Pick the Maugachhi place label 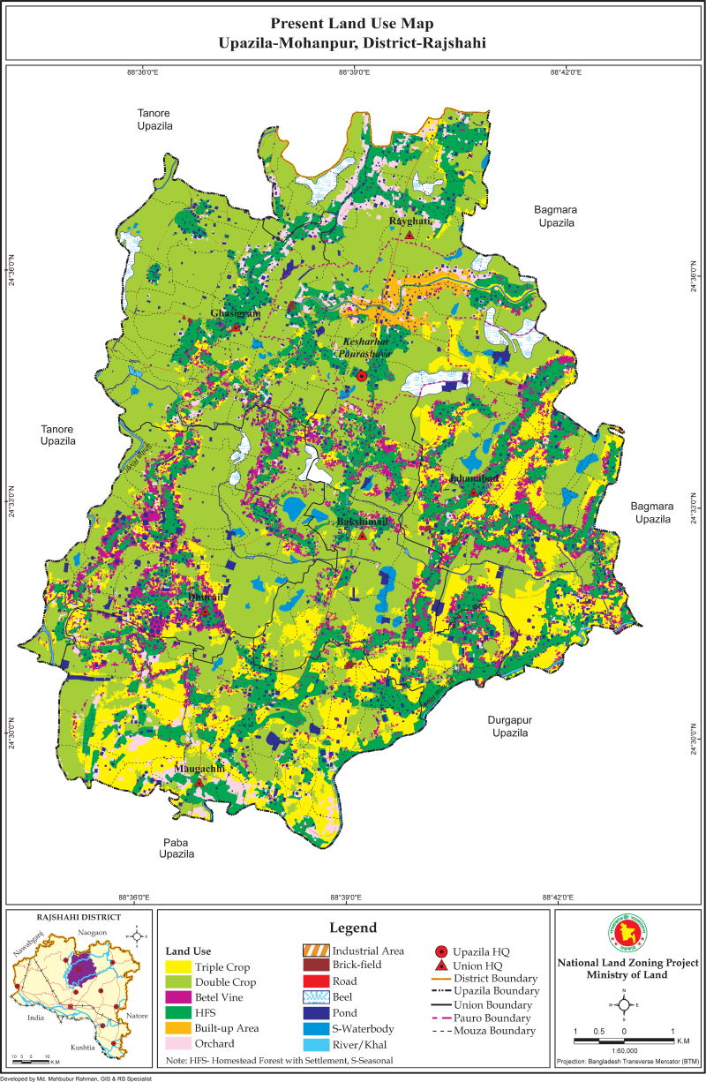[x=199, y=770]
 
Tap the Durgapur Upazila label [x=509, y=726]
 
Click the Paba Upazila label [x=176, y=848]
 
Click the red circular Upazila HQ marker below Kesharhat [x=361, y=376]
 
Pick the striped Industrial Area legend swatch [x=315, y=951]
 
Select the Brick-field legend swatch [x=315, y=966]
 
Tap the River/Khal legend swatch [x=315, y=1045]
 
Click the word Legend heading [x=353, y=928]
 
